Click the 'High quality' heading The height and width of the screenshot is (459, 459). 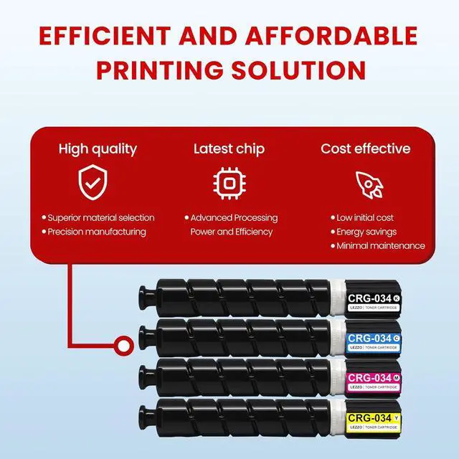[98, 149]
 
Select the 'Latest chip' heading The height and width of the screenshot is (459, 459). [229, 149]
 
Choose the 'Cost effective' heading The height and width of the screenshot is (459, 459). [365, 149]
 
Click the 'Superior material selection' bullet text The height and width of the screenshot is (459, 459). [100, 217]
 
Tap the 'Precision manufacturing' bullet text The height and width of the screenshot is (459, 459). [97, 232]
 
